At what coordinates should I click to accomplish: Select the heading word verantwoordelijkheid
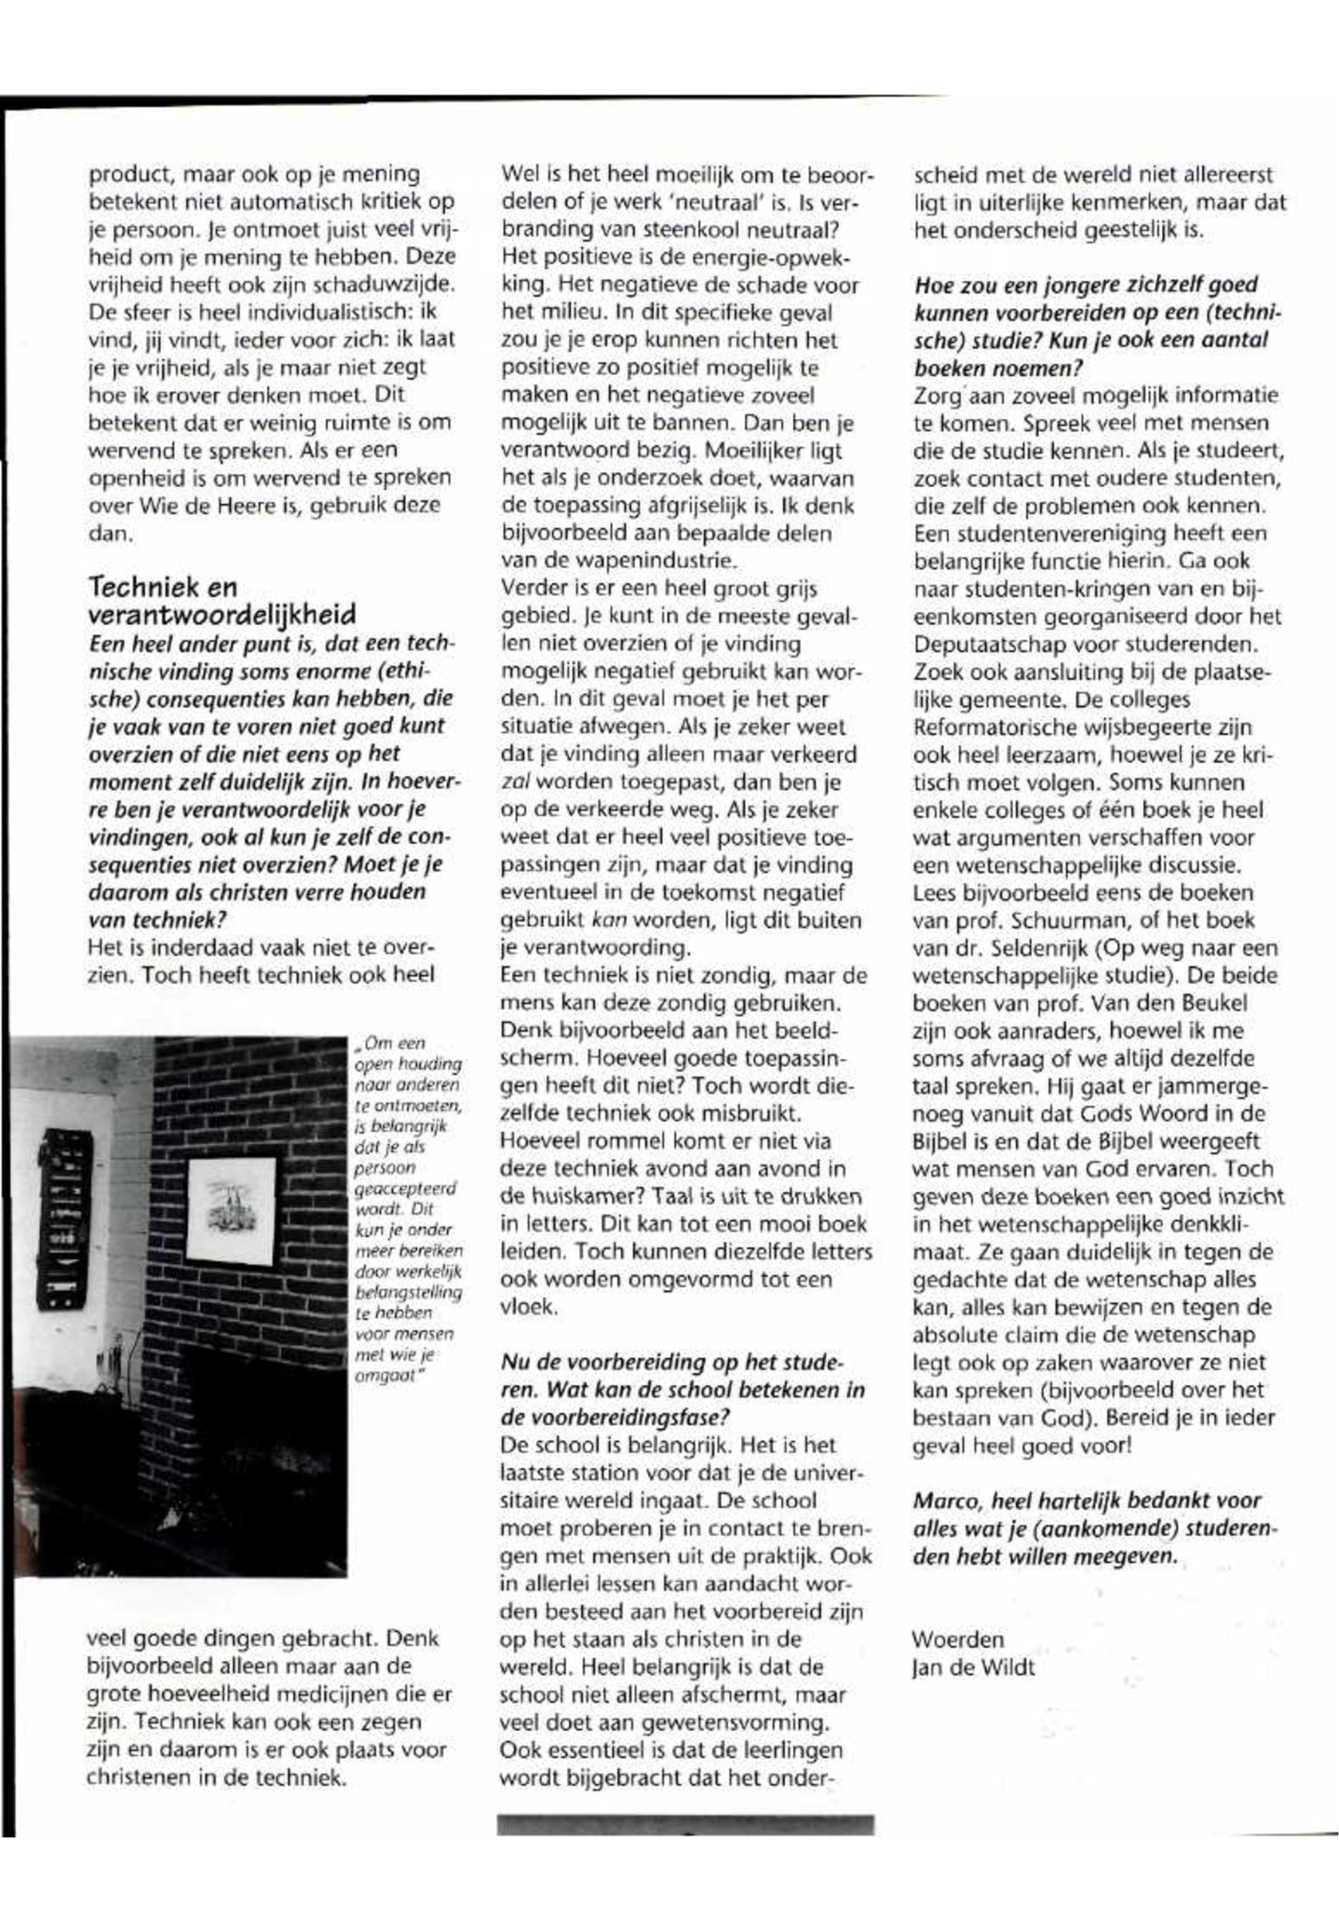(221, 615)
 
